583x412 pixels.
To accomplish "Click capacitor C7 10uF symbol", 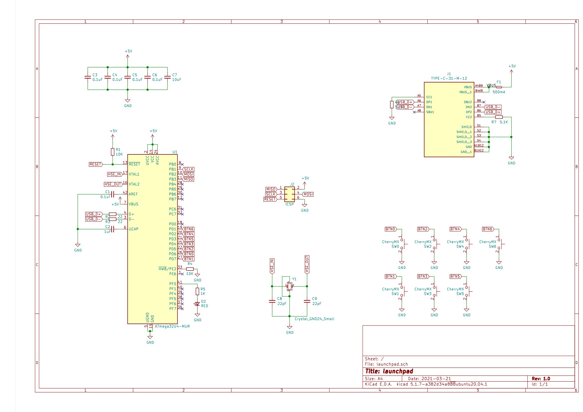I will point(167,77).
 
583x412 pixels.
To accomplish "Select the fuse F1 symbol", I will point(499,87).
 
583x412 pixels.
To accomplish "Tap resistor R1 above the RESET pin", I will point(112,152).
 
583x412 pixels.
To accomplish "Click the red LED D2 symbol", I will point(197,304).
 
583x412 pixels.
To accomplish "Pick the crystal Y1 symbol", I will point(289,286).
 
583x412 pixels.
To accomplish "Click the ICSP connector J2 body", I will point(289,194).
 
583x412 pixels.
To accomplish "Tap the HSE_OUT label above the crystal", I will point(307,264).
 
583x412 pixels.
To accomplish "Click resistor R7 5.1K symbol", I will point(499,117).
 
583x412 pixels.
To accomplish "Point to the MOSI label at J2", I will point(308,194).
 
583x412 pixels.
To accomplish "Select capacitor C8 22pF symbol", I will point(272,301).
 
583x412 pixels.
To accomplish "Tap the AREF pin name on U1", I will point(133,194).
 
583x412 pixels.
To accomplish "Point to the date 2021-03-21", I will point(436,379).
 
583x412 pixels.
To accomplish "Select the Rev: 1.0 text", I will point(541,379).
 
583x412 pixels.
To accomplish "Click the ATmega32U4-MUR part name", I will point(172,326).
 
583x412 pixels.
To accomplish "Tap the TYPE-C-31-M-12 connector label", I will point(449,78).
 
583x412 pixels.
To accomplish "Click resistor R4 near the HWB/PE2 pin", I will point(190,269).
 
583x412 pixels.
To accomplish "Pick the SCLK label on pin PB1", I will point(189,169).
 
